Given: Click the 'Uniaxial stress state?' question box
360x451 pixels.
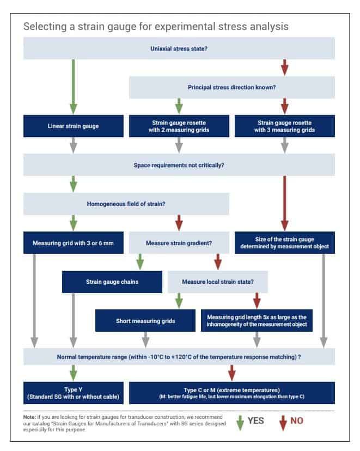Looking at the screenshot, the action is [x=179, y=48].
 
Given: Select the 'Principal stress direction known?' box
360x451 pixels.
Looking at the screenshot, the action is [x=232, y=87].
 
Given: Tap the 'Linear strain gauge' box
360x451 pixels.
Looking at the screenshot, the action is [x=74, y=126].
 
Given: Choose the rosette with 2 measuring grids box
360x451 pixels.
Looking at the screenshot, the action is [x=179, y=126].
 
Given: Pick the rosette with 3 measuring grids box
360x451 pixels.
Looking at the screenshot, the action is [x=285, y=126].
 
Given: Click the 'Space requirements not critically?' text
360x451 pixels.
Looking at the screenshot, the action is [x=179, y=165].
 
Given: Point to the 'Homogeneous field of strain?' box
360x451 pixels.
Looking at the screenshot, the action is [x=126, y=204].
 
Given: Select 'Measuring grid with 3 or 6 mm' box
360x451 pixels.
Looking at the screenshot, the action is [x=74, y=243].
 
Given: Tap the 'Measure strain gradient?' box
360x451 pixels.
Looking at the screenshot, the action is [x=179, y=243].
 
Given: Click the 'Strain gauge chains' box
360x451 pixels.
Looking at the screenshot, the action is [x=112, y=282].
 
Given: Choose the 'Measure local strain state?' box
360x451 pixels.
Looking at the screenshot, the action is [x=218, y=282].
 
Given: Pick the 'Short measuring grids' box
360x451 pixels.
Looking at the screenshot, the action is [x=145, y=321].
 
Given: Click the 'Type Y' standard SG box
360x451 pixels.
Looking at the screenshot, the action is [x=74, y=393].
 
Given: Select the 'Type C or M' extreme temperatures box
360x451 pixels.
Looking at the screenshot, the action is [x=232, y=393].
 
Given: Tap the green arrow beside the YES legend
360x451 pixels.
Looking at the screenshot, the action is [x=240, y=423].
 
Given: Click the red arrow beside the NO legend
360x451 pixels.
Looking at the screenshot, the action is [x=283, y=423].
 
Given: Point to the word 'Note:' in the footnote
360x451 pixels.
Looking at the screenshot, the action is [x=29, y=417].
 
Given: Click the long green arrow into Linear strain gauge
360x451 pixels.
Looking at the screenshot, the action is [x=74, y=87].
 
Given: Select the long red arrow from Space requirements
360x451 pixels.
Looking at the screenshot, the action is [x=285, y=203].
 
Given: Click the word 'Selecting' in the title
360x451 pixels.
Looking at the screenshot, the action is [x=45, y=27].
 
